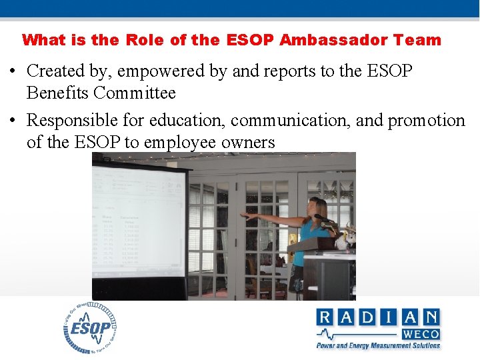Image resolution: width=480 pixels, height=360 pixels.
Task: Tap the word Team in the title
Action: tap(417, 40)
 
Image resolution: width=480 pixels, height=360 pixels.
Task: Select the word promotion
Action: tap(427, 121)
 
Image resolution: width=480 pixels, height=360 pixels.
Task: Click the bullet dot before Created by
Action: tap(13, 71)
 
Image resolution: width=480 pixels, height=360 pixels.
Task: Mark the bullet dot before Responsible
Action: tap(13, 121)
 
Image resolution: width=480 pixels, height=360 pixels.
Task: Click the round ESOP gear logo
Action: tap(90, 328)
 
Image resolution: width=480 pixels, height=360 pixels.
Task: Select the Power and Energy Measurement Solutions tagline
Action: tap(378, 345)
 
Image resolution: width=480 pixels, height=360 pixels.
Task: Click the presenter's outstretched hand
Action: tap(248, 215)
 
